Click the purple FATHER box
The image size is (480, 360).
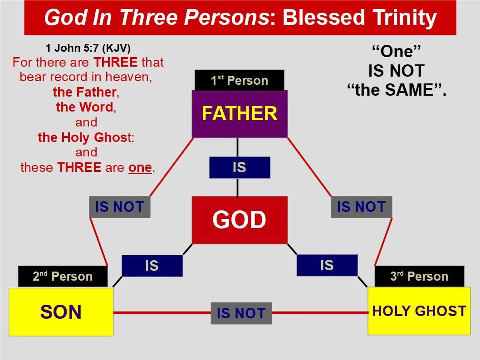pyautogui.click(x=240, y=114)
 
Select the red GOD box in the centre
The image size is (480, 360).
pyautogui.click(x=240, y=220)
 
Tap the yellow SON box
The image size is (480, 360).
pyautogui.click(x=61, y=312)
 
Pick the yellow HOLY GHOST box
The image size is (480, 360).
pyautogui.click(x=419, y=311)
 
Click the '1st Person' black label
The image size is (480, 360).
pyautogui.click(x=240, y=80)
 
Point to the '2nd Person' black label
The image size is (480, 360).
pyautogui.click(x=63, y=277)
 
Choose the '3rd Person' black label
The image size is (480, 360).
pyautogui.click(x=419, y=277)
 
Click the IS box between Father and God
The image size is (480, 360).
pyautogui.click(x=240, y=168)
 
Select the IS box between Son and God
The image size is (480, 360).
pyautogui.click(x=152, y=266)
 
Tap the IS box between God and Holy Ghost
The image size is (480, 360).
pyautogui.click(x=327, y=265)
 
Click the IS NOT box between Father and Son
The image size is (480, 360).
pyautogui.click(x=120, y=207)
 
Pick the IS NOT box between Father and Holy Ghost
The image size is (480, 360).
pyautogui.click(x=361, y=207)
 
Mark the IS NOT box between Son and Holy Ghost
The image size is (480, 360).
pyautogui.click(x=241, y=313)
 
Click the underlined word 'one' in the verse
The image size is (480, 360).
pyautogui.click(x=140, y=168)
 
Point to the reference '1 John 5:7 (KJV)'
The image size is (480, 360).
pyautogui.click(x=88, y=48)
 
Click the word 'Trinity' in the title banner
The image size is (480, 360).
pyautogui.click(x=404, y=17)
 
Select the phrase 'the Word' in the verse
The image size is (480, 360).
pyautogui.click(x=84, y=107)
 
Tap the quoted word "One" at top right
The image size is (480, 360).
pyautogui.click(x=396, y=51)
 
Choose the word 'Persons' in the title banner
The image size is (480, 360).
pyautogui.click(x=226, y=17)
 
